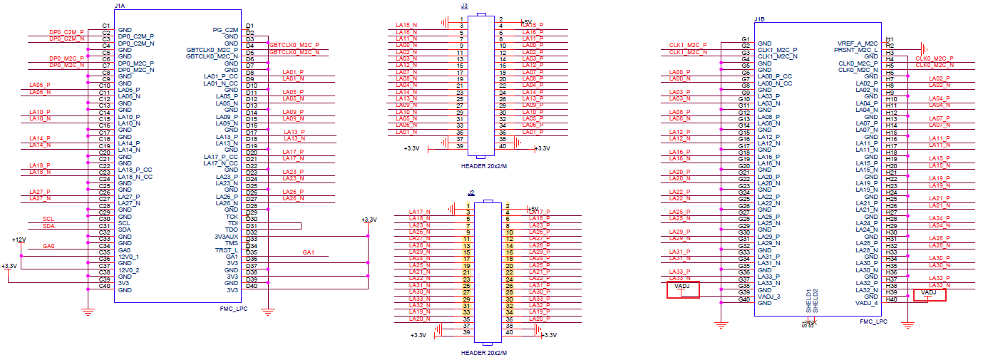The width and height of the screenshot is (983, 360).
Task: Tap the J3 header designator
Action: (465, 6)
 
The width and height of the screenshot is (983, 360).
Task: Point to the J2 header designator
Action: (471, 192)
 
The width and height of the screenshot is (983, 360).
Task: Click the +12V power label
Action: (19, 240)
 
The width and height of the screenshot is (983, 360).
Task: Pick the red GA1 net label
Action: (308, 252)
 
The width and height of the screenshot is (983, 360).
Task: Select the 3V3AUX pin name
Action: (226, 237)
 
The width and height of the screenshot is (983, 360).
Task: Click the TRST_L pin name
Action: (226, 250)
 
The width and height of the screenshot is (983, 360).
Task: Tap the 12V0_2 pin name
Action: (128, 270)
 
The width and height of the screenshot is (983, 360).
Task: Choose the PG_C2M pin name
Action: (225, 30)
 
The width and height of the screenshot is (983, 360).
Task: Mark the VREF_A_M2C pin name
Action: (858, 43)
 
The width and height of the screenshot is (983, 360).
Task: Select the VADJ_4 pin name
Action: (868, 303)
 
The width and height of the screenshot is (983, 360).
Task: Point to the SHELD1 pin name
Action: (808, 299)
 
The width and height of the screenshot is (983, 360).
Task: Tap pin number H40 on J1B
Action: (890, 299)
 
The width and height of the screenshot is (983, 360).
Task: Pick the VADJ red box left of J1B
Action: (682, 289)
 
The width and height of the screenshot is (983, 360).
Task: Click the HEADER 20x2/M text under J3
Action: (483, 166)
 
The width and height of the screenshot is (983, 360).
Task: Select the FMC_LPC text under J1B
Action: (873, 322)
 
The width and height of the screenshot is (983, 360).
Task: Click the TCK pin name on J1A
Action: (232, 217)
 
